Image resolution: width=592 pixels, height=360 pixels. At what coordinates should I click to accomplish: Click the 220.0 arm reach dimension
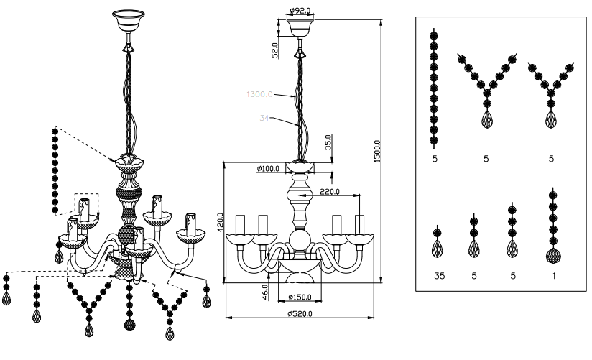[331, 192]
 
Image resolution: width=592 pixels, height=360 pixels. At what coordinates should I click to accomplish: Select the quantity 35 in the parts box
[436, 274]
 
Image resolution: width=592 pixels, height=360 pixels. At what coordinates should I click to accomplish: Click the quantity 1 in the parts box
[552, 274]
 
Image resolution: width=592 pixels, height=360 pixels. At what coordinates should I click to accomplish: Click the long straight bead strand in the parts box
[433, 86]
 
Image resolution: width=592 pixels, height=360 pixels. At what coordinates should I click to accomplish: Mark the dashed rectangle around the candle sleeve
[87, 206]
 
